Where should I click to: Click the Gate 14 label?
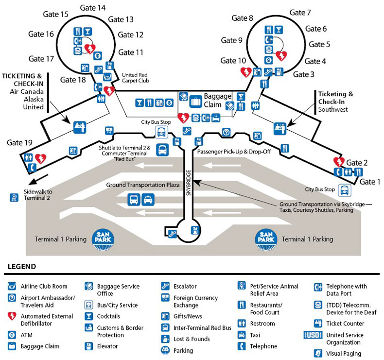94,8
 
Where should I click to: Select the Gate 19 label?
20,143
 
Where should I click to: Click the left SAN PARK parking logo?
103,239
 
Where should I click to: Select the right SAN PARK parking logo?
267,239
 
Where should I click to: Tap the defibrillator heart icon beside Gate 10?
246,72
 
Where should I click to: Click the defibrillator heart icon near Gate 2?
338,162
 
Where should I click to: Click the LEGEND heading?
22,267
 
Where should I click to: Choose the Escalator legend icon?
165,287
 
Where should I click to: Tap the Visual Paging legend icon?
318,354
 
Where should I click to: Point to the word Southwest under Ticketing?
333,110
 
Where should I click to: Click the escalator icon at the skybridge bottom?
171,233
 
